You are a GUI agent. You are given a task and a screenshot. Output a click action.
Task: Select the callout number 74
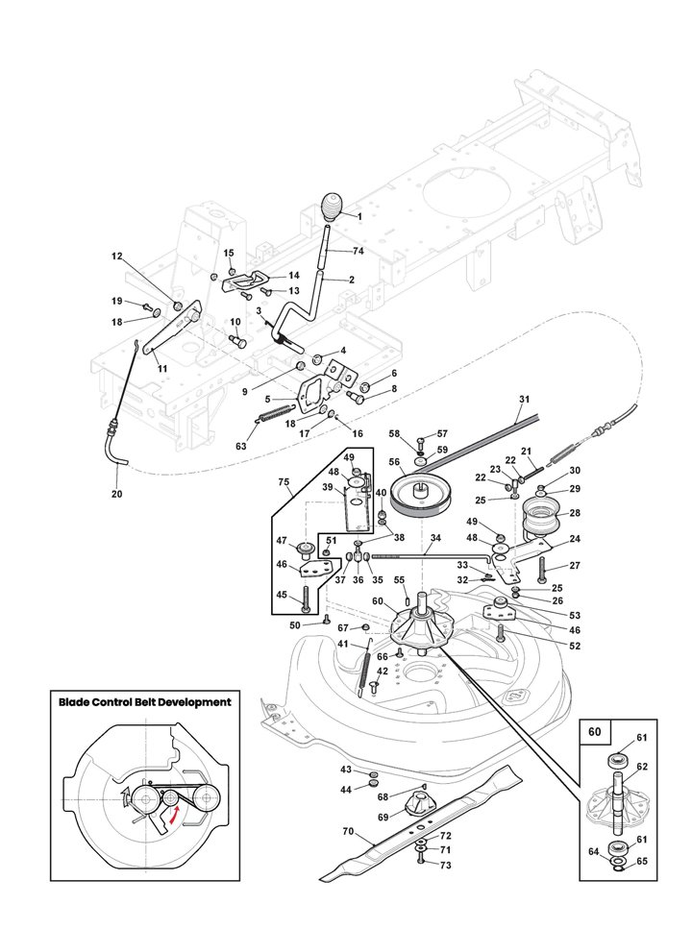(358, 251)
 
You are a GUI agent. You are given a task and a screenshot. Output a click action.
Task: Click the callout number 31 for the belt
(524, 399)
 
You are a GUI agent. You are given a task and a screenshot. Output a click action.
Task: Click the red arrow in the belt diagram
(174, 815)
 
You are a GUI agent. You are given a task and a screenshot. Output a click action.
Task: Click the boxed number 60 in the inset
(594, 731)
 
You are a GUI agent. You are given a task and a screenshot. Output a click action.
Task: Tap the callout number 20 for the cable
(117, 494)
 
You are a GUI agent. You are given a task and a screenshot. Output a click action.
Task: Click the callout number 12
(117, 257)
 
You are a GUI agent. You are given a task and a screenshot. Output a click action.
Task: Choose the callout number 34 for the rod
(435, 538)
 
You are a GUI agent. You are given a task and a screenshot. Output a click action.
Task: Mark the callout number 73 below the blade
(445, 866)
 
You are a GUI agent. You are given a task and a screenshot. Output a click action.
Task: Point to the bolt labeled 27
(544, 569)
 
